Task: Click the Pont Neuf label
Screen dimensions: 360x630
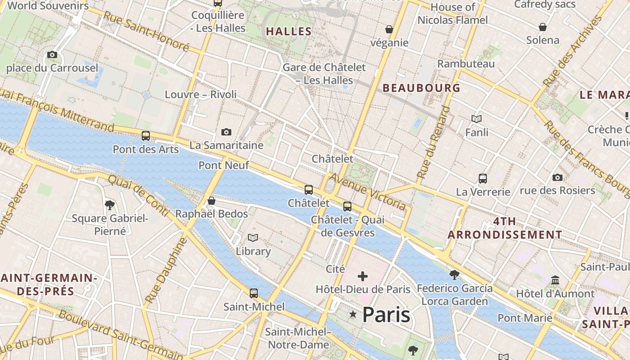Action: click(x=224, y=165)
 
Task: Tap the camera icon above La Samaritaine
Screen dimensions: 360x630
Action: click(x=226, y=132)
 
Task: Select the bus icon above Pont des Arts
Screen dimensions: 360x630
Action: click(x=146, y=135)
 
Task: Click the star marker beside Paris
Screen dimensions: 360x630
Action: click(x=353, y=315)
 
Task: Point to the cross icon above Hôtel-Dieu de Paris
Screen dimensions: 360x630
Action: click(x=363, y=276)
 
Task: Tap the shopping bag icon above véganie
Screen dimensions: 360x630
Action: click(x=389, y=29)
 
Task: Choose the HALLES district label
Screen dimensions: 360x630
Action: click(x=288, y=31)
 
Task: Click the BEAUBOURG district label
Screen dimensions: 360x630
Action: click(x=422, y=88)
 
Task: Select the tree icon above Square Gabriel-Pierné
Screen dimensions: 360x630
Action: click(x=109, y=205)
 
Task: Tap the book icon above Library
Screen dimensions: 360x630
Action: click(x=253, y=238)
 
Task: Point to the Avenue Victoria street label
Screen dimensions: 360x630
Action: click(x=367, y=191)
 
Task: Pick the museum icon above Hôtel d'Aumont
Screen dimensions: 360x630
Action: click(x=555, y=280)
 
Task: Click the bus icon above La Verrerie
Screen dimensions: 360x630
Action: click(x=483, y=178)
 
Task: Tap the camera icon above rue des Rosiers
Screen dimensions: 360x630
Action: click(x=558, y=177)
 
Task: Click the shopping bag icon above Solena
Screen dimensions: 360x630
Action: click(x=543, y=27)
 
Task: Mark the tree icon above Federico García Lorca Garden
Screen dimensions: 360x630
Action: click(x=454, y=274)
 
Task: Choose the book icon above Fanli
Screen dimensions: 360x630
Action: click(x=477, y=119)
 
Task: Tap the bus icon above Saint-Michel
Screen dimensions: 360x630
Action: click(x=254, y=293)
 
